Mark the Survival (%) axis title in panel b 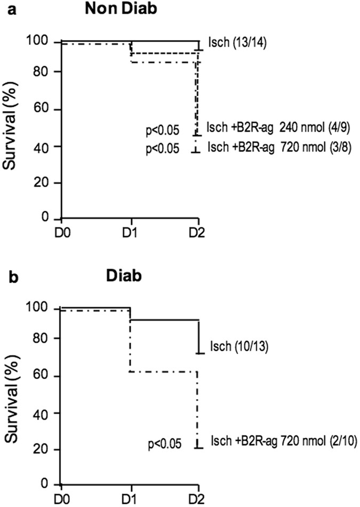tap(14, 395)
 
